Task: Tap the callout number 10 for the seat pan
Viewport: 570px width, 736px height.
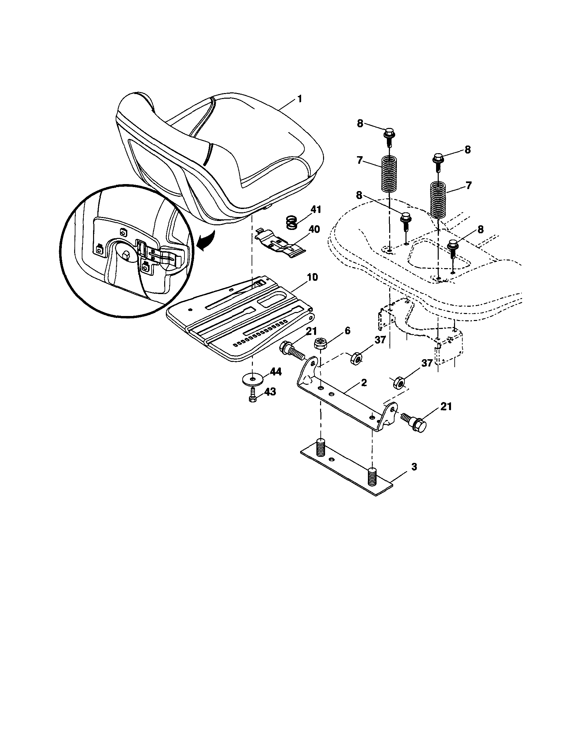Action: pyautogui.click(x=312, y=277)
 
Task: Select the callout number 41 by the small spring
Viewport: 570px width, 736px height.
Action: pyautogui.click(x=315, y=209)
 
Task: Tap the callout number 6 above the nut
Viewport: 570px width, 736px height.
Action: pyautogui.click(x=347, y=331)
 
